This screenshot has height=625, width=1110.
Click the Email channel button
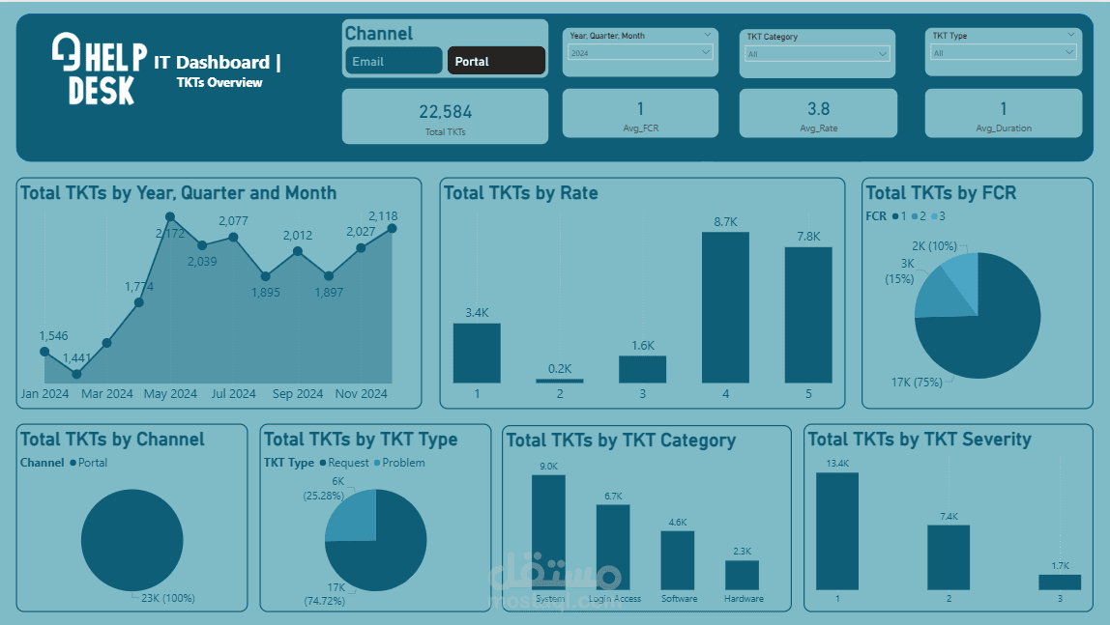coord(393,61)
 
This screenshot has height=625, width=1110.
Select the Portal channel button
coord(496,61)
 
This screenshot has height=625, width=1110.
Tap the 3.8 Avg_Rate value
coord(818,109)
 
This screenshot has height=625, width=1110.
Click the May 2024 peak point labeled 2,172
coord(170,217)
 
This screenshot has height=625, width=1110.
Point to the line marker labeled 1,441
coord(75,374)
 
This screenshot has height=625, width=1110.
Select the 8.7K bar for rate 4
coord(725,307)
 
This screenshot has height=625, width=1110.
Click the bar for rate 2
coord(559,381)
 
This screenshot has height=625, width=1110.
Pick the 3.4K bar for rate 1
coord(477,353)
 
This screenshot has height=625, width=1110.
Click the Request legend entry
coord(343,463)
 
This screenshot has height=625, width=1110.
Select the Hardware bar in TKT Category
coord(742,575)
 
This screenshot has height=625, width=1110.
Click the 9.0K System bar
coord(548,531)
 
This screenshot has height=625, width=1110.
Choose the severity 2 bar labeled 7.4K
coord(948,556)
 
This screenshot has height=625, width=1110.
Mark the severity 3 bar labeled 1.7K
coord(1059,582)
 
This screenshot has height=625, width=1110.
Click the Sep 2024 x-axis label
coord(298,394)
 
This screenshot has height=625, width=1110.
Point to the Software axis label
coord(679,599)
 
